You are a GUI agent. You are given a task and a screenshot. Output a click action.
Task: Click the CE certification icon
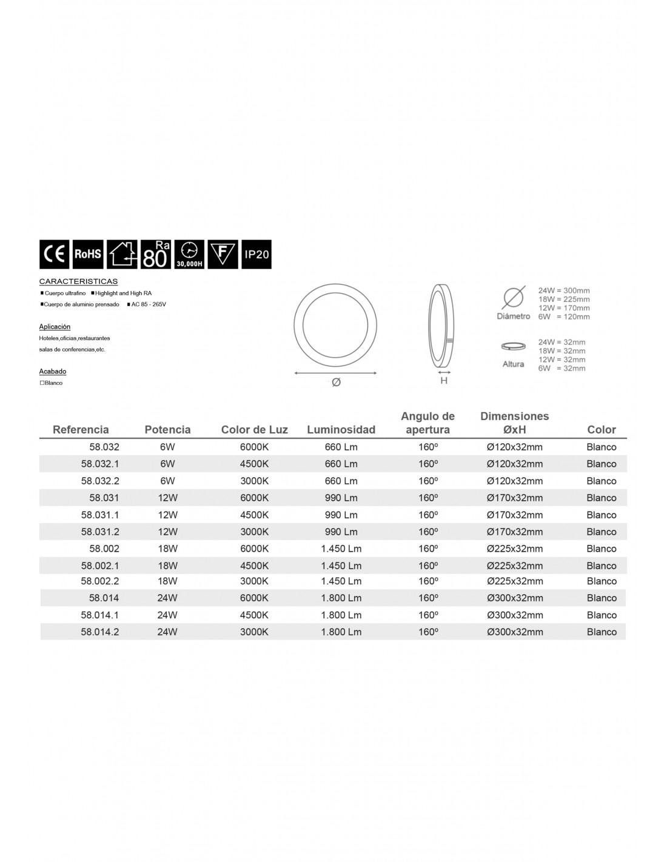(54, 255)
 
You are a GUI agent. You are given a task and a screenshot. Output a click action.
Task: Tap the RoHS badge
(88, 255)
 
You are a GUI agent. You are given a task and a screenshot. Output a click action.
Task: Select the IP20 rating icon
(256, 255)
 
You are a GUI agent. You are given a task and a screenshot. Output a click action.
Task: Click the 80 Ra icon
(155, 255)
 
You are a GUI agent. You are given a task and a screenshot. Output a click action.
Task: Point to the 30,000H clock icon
(189, 255)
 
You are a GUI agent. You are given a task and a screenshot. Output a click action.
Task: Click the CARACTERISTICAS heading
(78, 282)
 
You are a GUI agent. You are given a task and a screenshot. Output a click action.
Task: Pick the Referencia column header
(81, 430)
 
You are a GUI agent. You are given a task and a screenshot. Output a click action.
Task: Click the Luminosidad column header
(341, 430)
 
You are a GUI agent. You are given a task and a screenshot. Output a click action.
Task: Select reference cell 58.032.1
(100, 464)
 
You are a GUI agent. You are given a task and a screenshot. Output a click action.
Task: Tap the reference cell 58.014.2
(100, 632)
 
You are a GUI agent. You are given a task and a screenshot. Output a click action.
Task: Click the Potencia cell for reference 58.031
(167, 498)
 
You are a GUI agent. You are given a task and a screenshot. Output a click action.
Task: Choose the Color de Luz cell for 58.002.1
(254, 566)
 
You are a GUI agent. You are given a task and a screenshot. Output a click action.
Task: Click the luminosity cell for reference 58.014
(341, 598)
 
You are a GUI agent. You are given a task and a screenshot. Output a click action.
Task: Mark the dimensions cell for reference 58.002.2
(514, 581)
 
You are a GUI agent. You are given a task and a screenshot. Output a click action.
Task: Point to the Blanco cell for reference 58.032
(601, 447)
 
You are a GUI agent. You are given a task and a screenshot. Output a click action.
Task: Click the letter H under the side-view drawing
(444, 381)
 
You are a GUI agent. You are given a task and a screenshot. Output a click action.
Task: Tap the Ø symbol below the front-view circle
(336, 383)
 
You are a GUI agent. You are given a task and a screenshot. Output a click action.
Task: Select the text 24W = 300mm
(564, 291)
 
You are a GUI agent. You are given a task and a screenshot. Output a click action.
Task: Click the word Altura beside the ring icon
(513, 364)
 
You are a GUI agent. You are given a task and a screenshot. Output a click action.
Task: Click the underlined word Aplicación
(55, 327)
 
